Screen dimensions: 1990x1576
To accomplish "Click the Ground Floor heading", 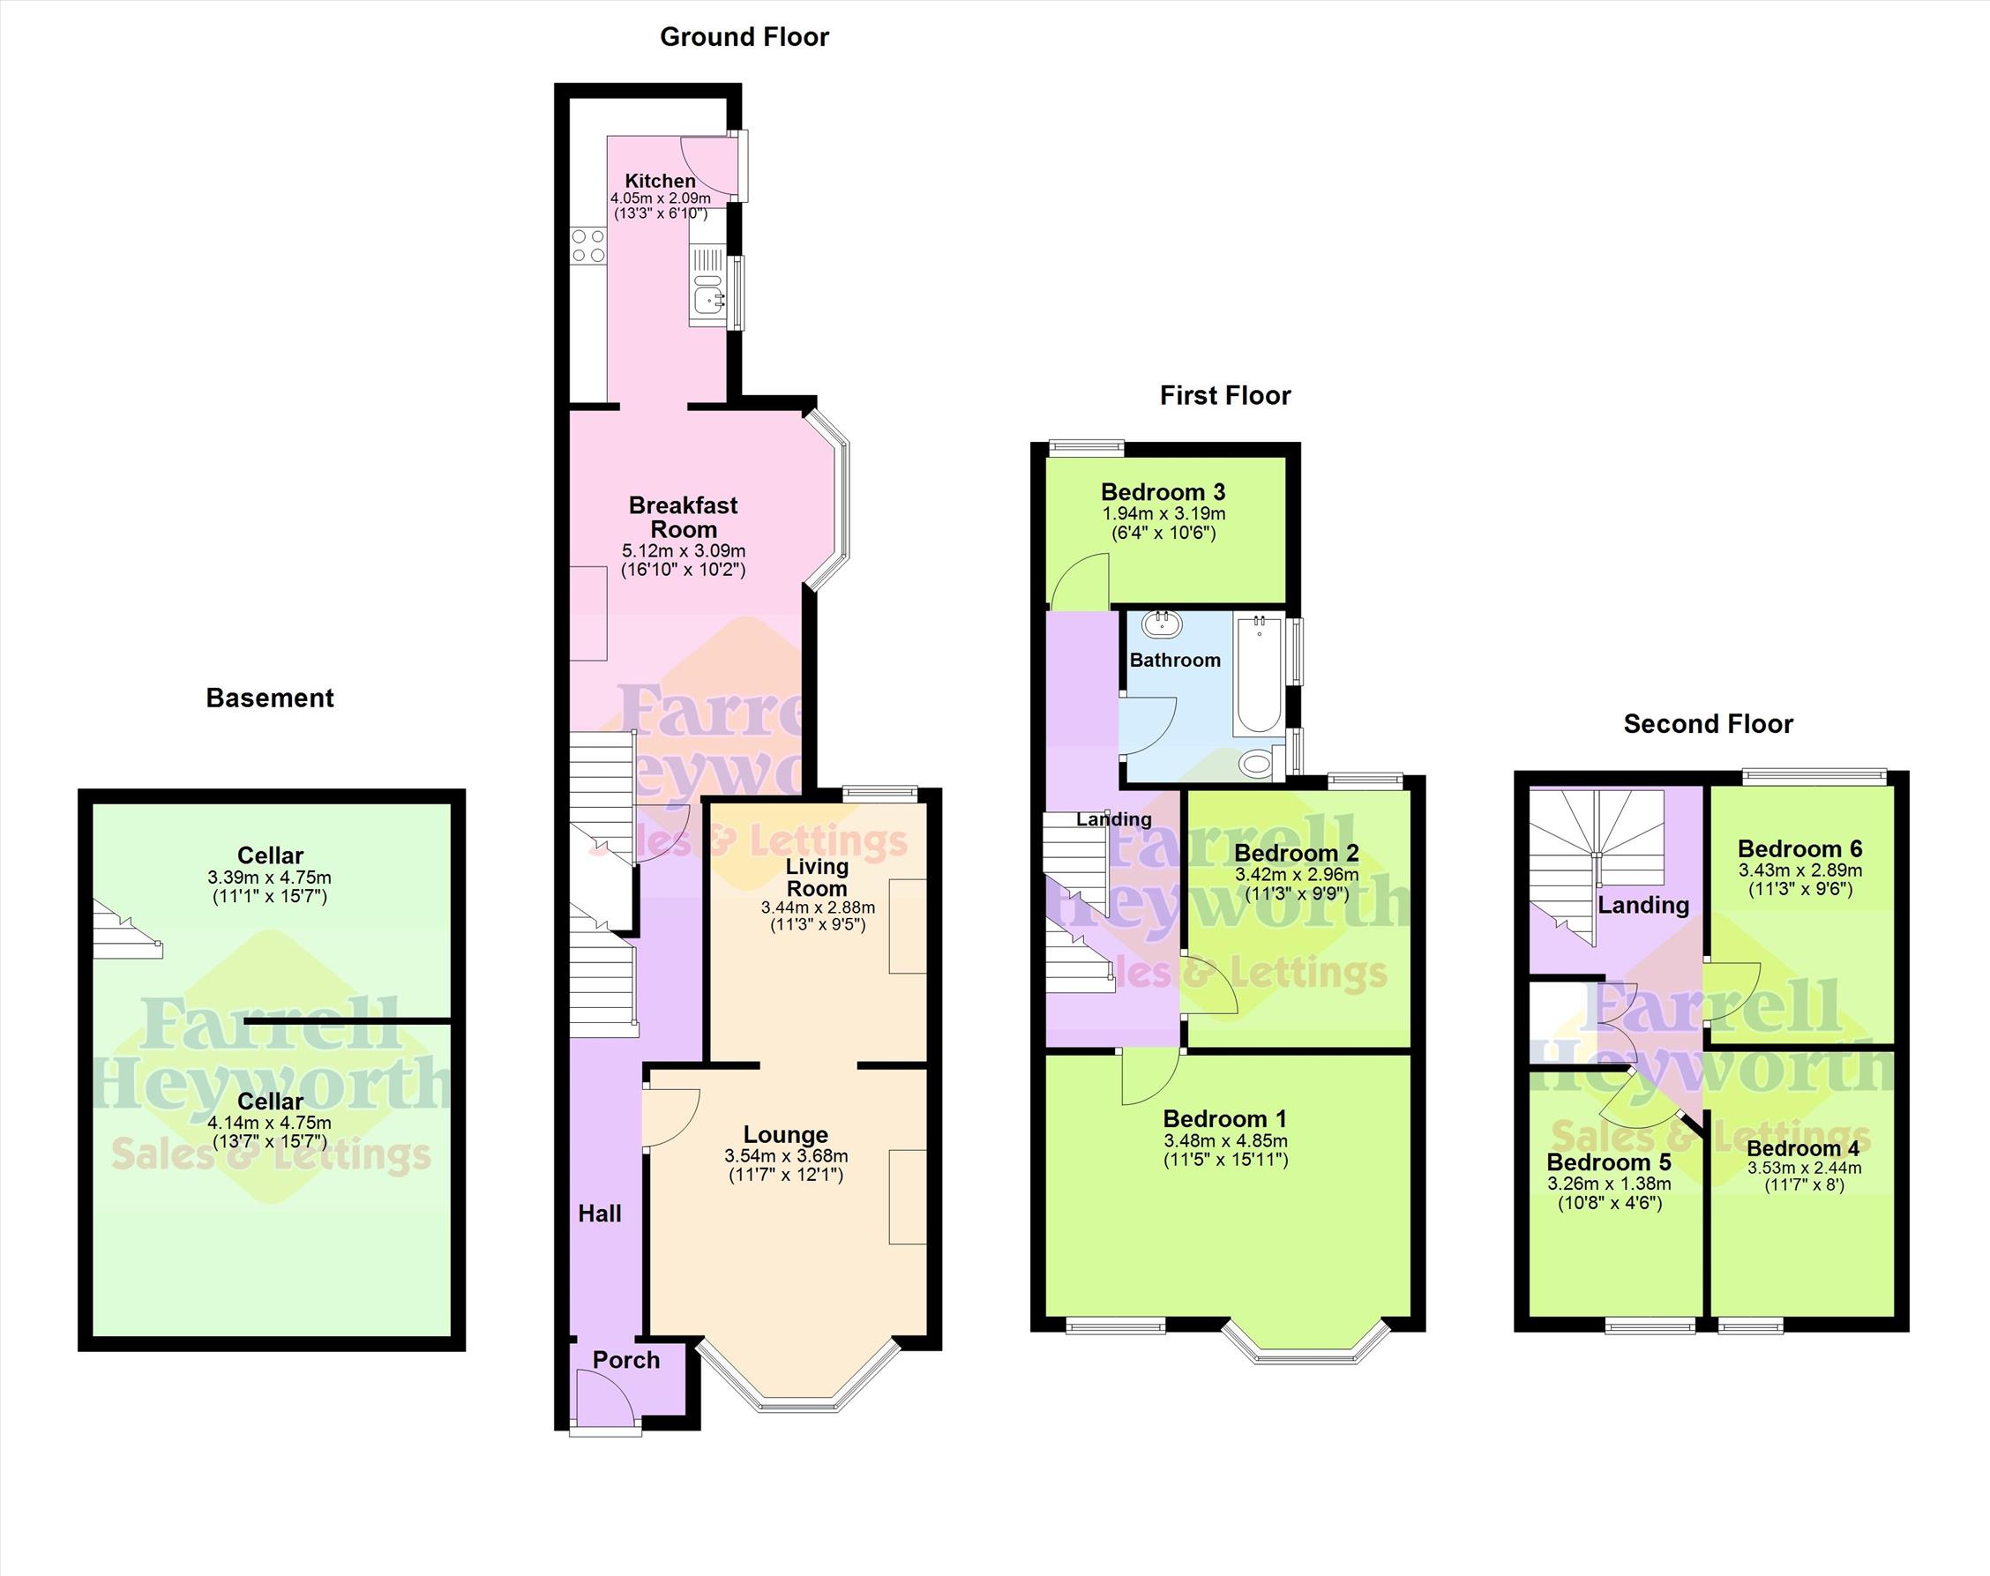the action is (x=744, y=37).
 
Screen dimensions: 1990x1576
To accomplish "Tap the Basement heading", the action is (x=270, y=698).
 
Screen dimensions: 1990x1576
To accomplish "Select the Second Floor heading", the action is (x=1708, y=723).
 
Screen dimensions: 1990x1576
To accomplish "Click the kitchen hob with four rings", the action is (x=588, y=245).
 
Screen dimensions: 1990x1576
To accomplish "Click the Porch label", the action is (x=625, y=1359).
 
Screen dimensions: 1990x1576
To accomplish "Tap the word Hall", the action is (x=600, y=1214).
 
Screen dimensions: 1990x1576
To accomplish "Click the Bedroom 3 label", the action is (x=1163, y=492).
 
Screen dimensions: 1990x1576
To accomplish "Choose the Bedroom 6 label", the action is (x=1799, y=848).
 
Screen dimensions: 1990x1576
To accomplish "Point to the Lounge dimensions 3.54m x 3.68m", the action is (x=785, y=1156).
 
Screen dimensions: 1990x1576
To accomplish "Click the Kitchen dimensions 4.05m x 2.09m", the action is (x=660, y=198).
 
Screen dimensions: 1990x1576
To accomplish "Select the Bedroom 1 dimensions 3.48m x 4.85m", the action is (x=1226, y=1140).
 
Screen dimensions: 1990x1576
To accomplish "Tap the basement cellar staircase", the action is (x=127, y=930).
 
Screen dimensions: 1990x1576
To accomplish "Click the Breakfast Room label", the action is (x=683, y=517).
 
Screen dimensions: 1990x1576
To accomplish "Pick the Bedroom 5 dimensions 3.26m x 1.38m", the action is (x=1609, y=1184).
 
